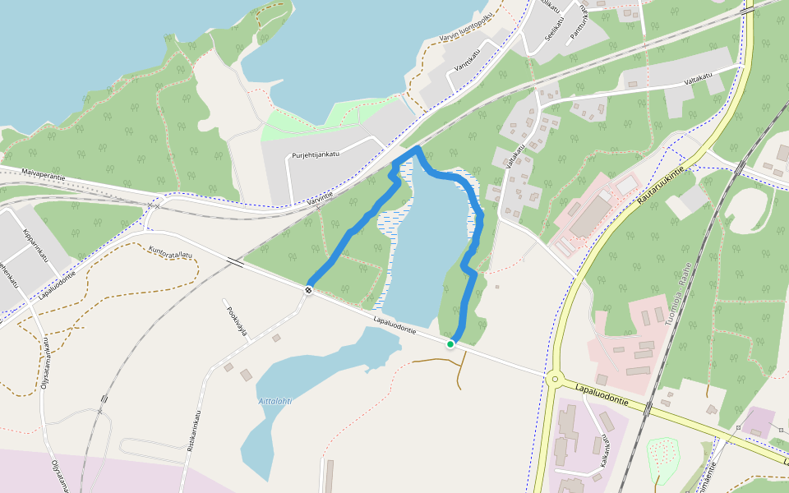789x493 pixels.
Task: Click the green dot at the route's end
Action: tap(450, 343)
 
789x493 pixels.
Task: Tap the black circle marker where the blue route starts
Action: tap(309, 289)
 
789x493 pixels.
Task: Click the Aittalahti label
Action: tap(275, 401)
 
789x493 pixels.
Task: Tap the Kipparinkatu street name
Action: tap(38, 246)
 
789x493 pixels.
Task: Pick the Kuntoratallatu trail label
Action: tap(171, 251)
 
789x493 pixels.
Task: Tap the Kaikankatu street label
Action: tap(607, 449)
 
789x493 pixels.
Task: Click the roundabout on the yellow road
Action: tap(557, 380)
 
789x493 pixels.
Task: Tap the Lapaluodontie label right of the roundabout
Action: tap(602, 393)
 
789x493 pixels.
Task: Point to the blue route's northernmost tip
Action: tap(418, 148)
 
